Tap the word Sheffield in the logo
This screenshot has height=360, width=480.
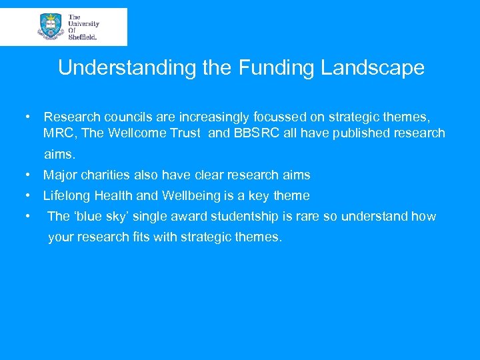click(x=83, y=38)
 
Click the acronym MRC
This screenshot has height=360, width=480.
click(x=59, y=133)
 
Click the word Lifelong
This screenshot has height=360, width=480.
click(x=65, y=196)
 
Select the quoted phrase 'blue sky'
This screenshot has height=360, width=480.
click(x=97, y=217)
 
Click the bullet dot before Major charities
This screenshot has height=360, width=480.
click(x=28, y=175)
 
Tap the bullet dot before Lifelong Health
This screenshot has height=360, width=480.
click(x=28, y=196)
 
